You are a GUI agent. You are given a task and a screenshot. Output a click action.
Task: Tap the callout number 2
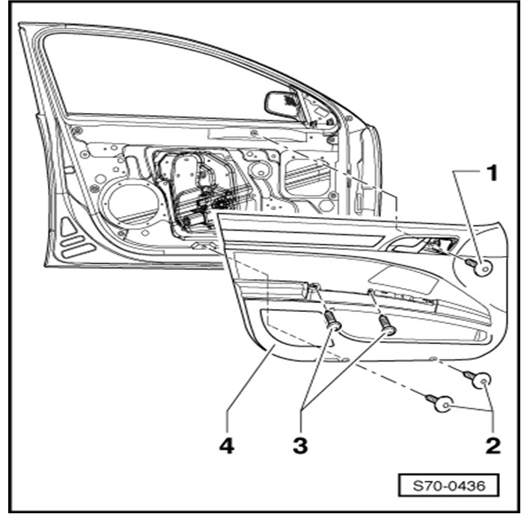coord(492,446)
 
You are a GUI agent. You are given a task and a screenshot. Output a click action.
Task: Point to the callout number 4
coord(226,446)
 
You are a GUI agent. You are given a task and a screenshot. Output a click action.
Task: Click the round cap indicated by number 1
coord(487,266)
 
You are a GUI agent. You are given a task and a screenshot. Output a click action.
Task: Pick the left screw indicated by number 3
coord(332,323)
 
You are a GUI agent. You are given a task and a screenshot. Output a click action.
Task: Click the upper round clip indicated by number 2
coord(483,381)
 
